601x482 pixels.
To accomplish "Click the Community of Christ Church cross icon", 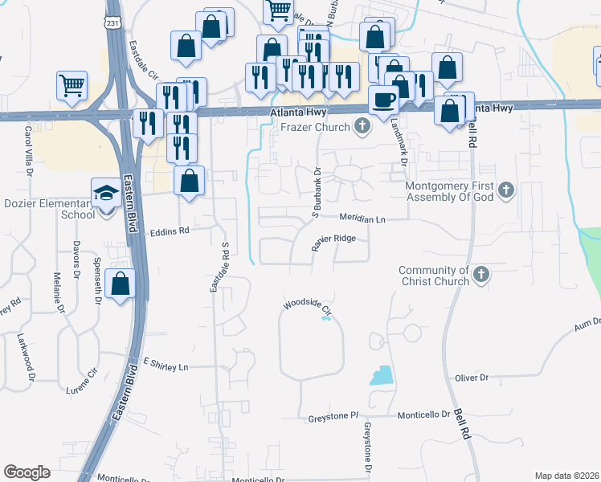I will tap(480, 276).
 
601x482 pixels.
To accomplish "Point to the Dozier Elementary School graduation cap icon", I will tap(105, 193).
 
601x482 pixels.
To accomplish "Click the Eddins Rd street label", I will tap(170, 231).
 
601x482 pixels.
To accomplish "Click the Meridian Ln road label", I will tap(362, 219).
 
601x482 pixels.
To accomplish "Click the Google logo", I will tap(27, 472).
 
